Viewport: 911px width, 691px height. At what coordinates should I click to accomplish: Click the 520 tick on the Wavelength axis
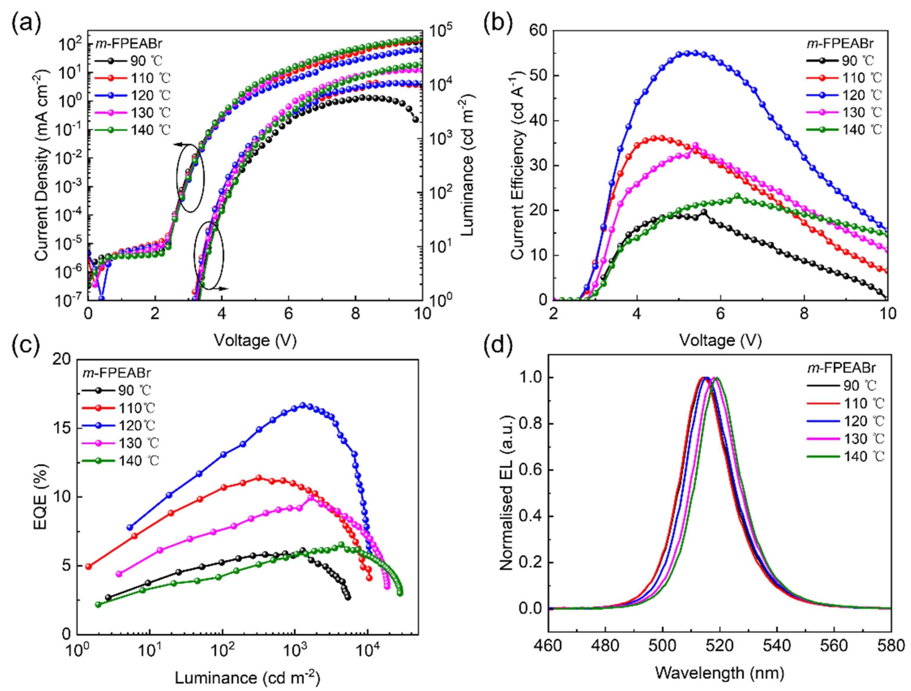click(x=720, y=645)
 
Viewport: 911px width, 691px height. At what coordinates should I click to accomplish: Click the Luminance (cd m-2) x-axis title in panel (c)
click(x=247, y=677)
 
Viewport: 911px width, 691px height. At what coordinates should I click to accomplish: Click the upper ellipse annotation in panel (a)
click(x=190, y=178)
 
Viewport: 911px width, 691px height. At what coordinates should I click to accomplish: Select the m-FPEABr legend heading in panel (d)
click(x=841, y=368)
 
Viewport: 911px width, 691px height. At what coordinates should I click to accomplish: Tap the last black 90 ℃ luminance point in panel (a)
click(x=416, y=120)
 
